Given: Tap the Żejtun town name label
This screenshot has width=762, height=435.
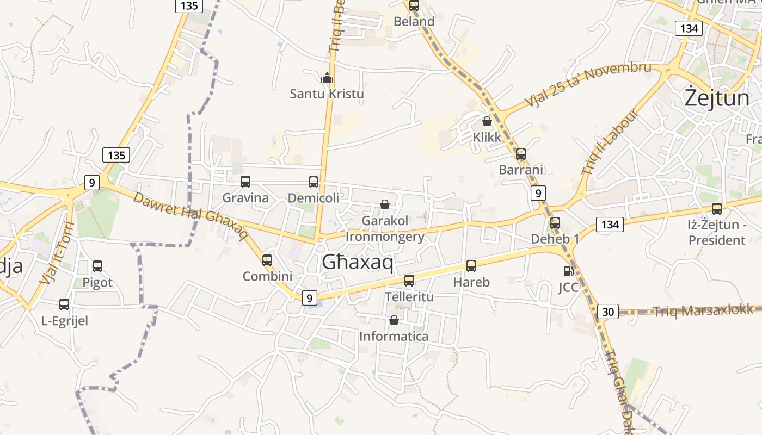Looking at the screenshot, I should point(717,98).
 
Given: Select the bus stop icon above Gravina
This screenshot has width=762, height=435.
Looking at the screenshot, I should point(245,182).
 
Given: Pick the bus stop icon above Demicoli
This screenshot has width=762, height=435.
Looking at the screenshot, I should point(314,182).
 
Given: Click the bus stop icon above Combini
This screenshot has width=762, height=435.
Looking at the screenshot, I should point(267,260).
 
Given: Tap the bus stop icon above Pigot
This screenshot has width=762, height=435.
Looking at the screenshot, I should point(97,266).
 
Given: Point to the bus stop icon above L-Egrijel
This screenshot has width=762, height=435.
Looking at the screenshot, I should point(64,304).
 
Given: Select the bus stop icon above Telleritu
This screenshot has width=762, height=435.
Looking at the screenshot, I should point(409,281).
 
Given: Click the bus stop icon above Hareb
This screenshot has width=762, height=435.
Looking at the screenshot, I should point(471,266).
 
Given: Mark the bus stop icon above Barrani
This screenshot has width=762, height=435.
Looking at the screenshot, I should point(521,154).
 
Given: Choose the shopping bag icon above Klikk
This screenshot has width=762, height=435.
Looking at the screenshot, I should point(487,121).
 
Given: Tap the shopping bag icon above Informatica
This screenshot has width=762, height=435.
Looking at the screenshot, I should point(394,320).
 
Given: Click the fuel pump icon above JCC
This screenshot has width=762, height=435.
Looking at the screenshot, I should point(568,271).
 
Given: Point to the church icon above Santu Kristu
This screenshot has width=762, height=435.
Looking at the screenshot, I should point(327,78).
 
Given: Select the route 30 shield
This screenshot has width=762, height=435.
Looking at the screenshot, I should point(607,312).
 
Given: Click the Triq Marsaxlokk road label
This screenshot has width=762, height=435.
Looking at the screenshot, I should point(703,310).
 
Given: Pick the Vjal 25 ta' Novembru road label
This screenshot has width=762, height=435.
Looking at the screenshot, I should point(588,84).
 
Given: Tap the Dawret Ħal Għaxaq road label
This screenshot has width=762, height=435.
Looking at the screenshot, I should point(190,215).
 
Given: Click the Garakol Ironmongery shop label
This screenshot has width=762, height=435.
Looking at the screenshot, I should point(385,229).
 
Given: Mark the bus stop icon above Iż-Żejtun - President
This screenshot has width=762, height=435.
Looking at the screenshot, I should point(717,209).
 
